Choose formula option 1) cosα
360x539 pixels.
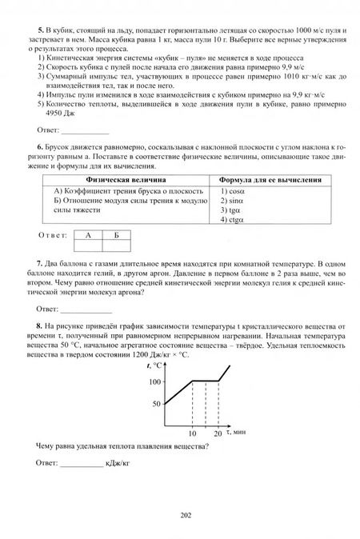tap(233, 192)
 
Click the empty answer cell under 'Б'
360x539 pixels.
tap(116, 247)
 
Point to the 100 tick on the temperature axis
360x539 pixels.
tap(154, 381)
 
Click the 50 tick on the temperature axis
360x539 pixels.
tap(157, 405)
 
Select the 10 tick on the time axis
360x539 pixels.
tap(193, 433)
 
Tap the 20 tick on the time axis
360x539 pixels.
tap(218, 433)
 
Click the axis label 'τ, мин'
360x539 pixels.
tap(238, 432)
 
